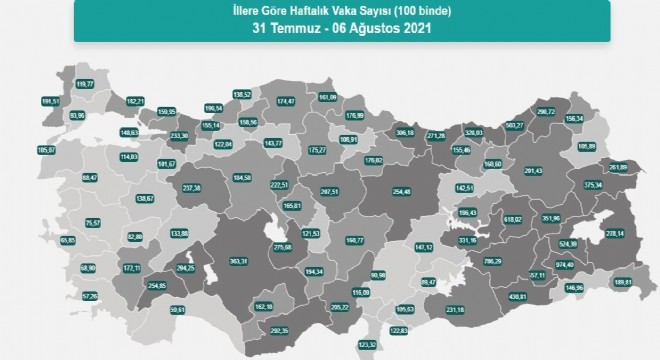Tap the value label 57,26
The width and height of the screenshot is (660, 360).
coord(63,296)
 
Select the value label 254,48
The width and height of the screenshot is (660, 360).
coord(374,193)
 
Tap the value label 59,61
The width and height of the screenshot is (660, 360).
coord(151,311)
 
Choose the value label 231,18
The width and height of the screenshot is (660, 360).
coord(456,310)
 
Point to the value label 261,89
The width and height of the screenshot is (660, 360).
coord(616,166)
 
